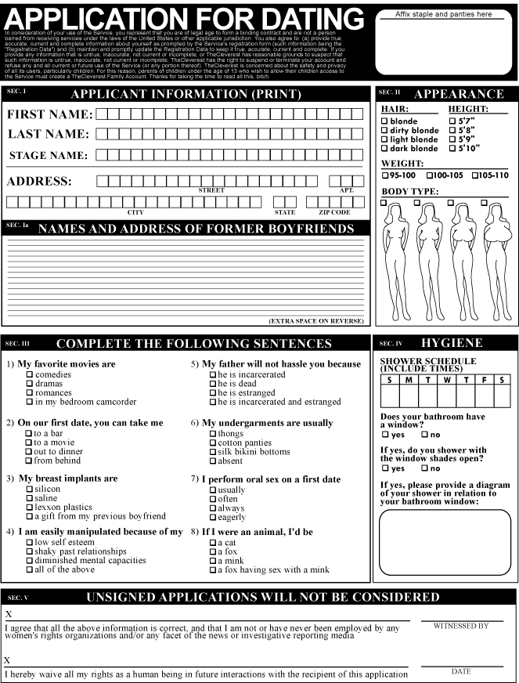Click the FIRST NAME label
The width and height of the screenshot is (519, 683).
(x=49, y=114)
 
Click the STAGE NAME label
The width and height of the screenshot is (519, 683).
(x=49, y=155)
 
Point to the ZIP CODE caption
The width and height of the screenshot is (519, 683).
(x=334, y=212)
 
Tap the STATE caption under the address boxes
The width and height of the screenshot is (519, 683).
(x=284, y=212)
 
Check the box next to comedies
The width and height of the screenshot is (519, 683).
(x=30, y=374)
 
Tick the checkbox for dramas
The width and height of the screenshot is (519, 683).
(x=30, y=384)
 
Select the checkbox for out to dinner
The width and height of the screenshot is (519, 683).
(x=30, y=451)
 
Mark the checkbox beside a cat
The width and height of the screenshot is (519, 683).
(x=213, y=542)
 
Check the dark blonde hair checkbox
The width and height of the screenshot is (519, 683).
(x=384, y=149)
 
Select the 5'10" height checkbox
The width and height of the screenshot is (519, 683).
(x=452, y=148)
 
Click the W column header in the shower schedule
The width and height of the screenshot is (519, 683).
(x=446, y=380)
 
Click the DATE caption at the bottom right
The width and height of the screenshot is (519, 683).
(x=461, y=671)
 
